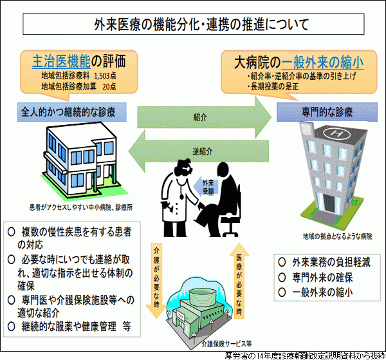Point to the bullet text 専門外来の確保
tap(321, 278)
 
